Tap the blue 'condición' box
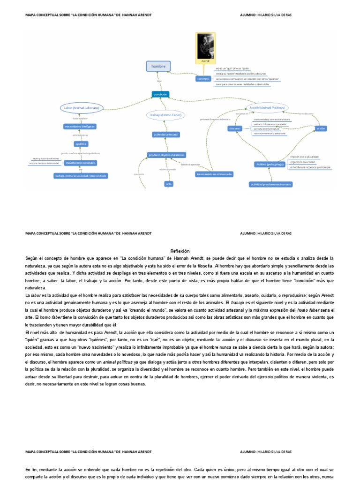coord(160,94)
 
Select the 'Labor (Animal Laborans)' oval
coord(81,108)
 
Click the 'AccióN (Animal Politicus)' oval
coord(267,108)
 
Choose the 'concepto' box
coord(203,79)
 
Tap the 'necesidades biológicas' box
coord(80,127)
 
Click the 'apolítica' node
coord(81,144)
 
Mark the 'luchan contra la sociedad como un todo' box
coord(81,176)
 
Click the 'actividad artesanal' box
coord(166,135)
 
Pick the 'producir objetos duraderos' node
coord(166,155)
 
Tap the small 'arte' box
coord(169,184)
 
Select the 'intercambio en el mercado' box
coord(214,174)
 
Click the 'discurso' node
coord(235,128)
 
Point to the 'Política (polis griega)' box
coord(270,165)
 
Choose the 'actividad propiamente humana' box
coord(270,184)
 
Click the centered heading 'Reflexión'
coord(180,251)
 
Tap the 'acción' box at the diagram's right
coord(321,128)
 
